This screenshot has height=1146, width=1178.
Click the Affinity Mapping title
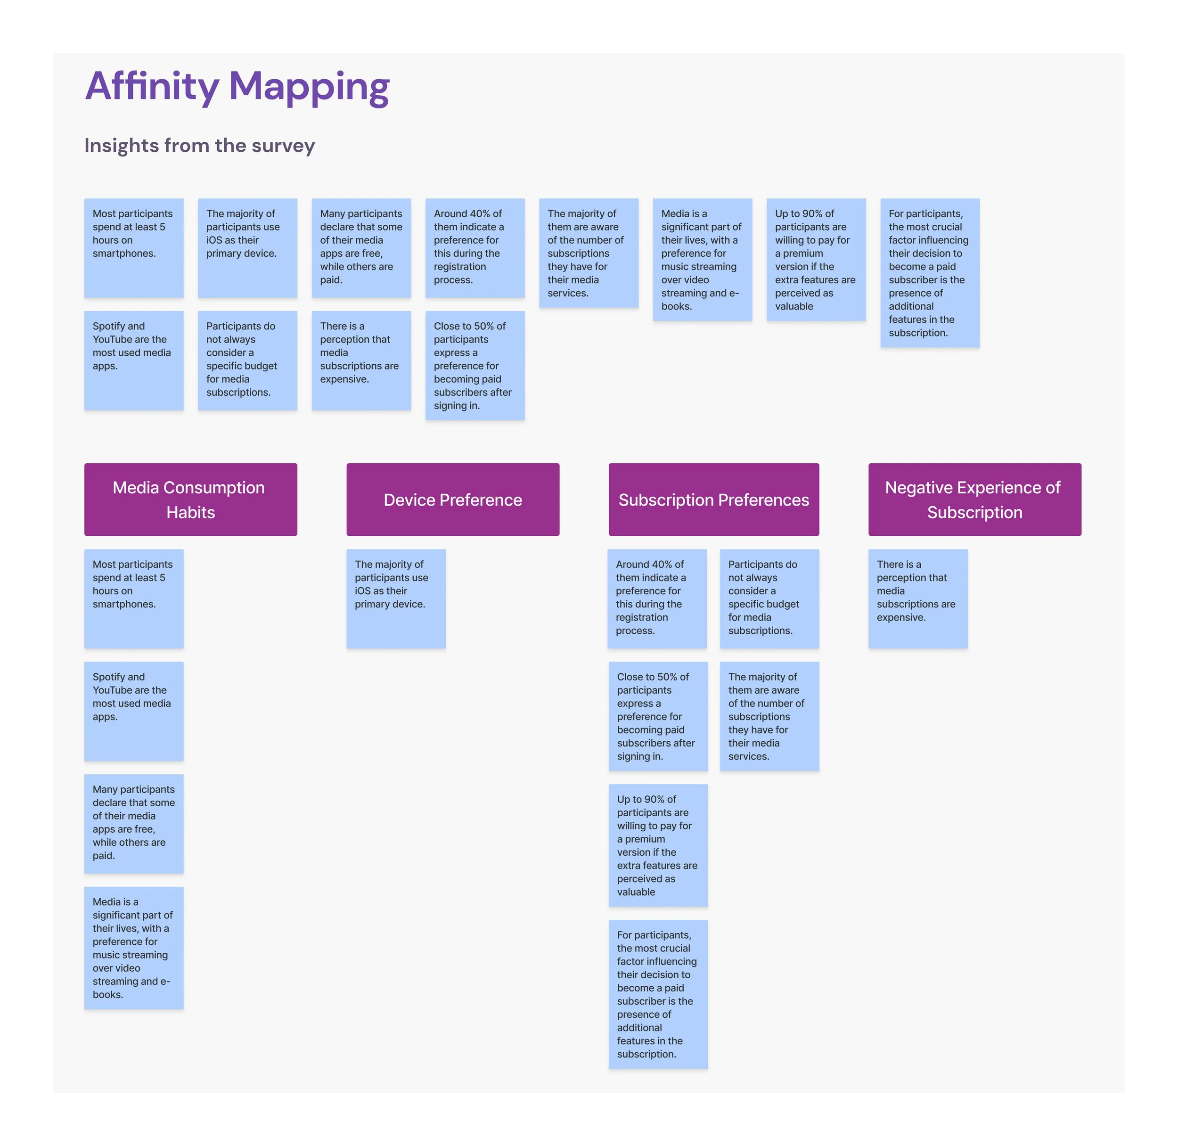pos(237,86)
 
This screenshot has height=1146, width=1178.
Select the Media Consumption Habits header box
pos(190,499)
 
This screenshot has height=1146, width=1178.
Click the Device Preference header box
pos(453,499)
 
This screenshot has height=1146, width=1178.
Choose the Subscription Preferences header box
pos(713,499)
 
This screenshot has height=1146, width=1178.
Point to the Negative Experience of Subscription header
pos(974,499)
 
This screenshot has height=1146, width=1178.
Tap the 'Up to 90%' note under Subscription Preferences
pos(657,844)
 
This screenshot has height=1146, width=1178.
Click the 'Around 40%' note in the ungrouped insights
pos(474,247)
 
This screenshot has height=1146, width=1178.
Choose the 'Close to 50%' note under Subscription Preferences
pos(657,716)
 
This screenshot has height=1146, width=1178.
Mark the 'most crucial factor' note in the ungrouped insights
pos(929,273)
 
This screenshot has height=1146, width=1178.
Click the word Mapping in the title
pos(310,86)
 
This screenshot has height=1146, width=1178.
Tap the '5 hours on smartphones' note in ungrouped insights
pos(134,247)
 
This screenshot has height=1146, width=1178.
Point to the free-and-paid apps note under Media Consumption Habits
pos(134,823)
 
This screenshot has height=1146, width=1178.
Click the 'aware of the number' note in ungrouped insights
pos(588,253)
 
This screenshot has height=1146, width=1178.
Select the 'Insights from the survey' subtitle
pos(199,146)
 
